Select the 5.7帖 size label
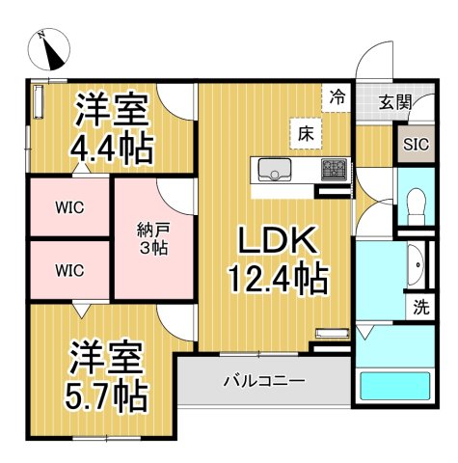(106, 394)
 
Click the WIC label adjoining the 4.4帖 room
(68, 205)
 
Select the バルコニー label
(265, 381)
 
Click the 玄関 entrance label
(393, 101)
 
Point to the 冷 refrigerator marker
(337, 96)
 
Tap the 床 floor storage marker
(304, 133)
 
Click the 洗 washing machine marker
(421, 309)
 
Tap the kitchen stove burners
(335, 170)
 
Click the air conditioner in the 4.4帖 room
(40, 100)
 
